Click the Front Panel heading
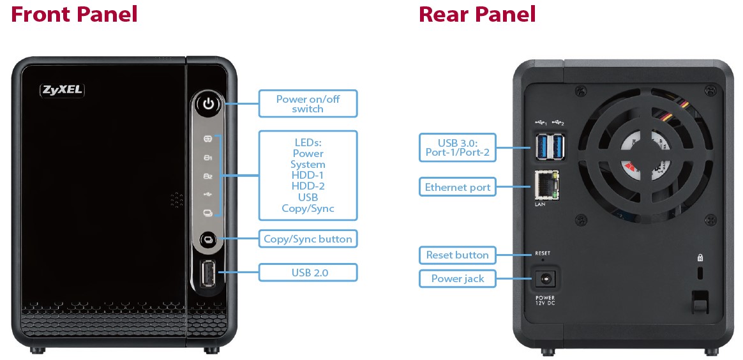(x=74, y=14)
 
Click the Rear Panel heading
(x=477, y=14)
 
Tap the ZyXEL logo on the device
(x=62, y=90)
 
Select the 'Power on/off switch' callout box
(x=308, y=103)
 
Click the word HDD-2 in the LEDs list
(x=308, y=186)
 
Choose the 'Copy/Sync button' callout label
(x=308, y=239)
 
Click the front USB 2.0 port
(x=207, y=275)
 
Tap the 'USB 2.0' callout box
(x=308, y=273)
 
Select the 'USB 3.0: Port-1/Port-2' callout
(x=457, y=147)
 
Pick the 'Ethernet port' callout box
(x=457, y=188)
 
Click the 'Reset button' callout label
(x=457, y=255)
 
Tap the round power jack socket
(x=544, y=279)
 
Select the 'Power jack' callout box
(x=457, y=278)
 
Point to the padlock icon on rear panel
(x=700, y=259)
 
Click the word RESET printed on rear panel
(x=543, y=253)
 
